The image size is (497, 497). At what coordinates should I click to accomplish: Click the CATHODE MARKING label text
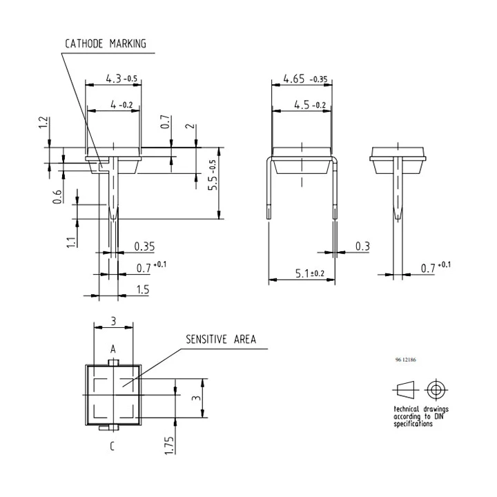(106, 43)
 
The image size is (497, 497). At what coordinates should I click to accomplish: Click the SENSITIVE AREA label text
(221, 340)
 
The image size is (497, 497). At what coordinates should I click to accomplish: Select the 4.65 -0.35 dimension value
(305, 79)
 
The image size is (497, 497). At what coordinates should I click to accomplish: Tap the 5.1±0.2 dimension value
(310, 273)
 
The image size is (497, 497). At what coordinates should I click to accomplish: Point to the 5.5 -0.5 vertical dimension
(213, 175)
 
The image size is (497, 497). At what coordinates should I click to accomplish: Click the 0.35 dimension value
(144, 246)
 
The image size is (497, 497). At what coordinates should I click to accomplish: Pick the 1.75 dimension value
(169, 445)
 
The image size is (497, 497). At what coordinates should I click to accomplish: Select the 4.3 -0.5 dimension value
(121, 78)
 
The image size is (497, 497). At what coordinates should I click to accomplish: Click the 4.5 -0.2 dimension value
(310, 105)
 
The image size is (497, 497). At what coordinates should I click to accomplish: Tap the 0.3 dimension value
(362, 246)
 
